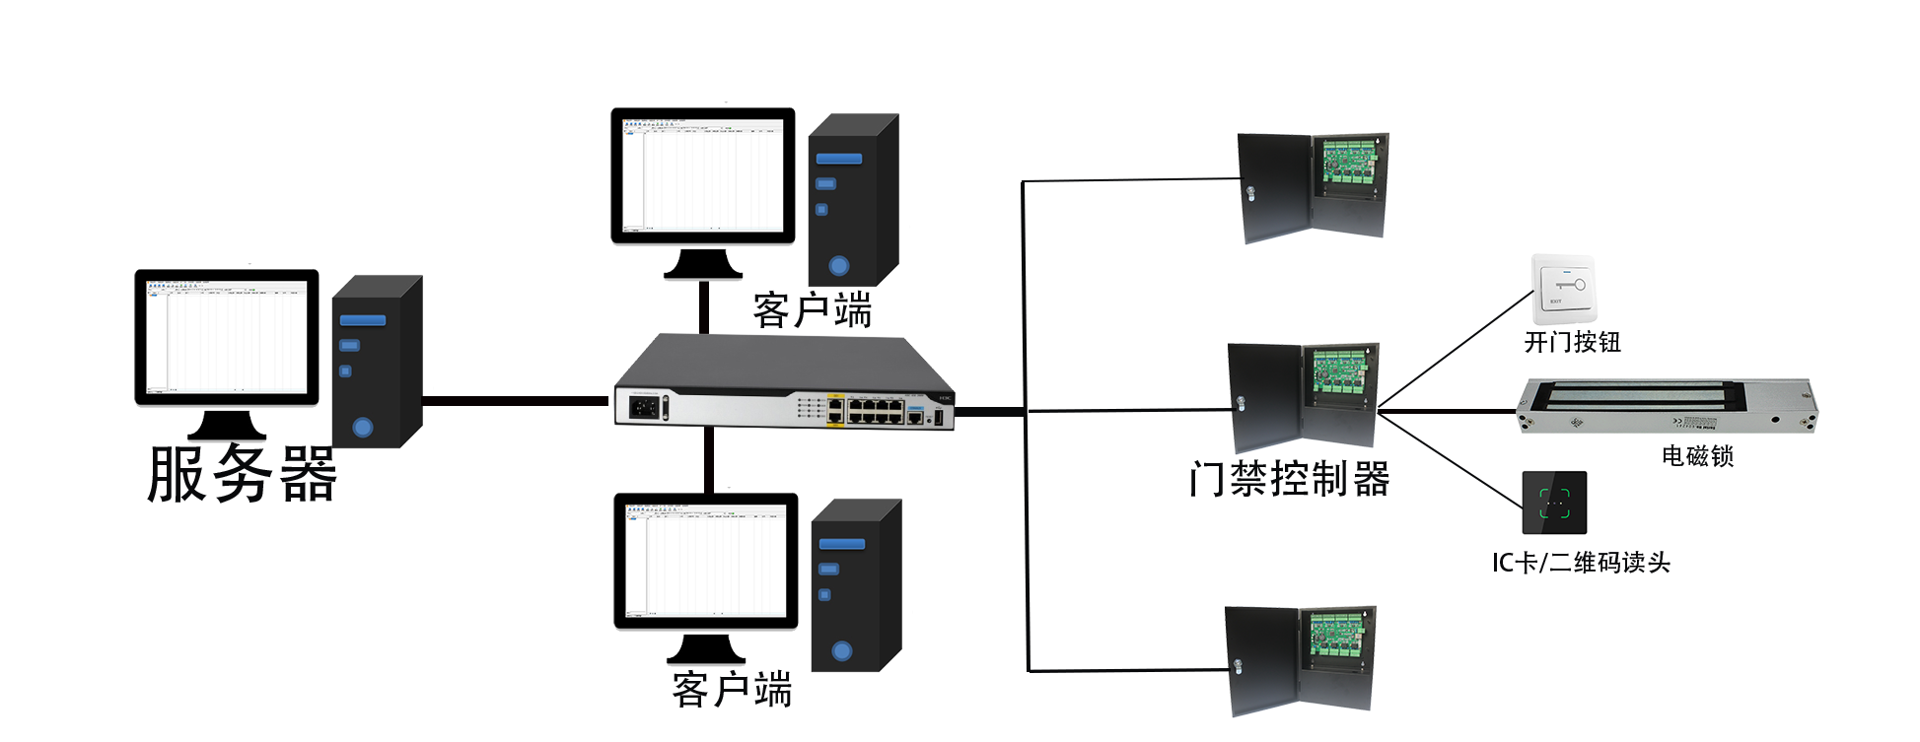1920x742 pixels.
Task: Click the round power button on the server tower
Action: [363, 428]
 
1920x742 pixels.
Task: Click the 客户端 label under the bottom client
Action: [733, 688]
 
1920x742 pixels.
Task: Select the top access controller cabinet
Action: [1313, 187]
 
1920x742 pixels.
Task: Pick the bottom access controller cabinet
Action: [1300, 660]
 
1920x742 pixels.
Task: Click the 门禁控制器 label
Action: [1290, 480]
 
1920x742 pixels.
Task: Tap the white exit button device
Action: [1562, 290]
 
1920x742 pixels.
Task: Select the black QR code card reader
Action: [1554, 503]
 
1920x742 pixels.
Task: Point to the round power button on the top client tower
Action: [839, 265]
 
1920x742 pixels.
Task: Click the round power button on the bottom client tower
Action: [841, 651]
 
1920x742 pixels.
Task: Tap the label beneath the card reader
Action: [1582, 563]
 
